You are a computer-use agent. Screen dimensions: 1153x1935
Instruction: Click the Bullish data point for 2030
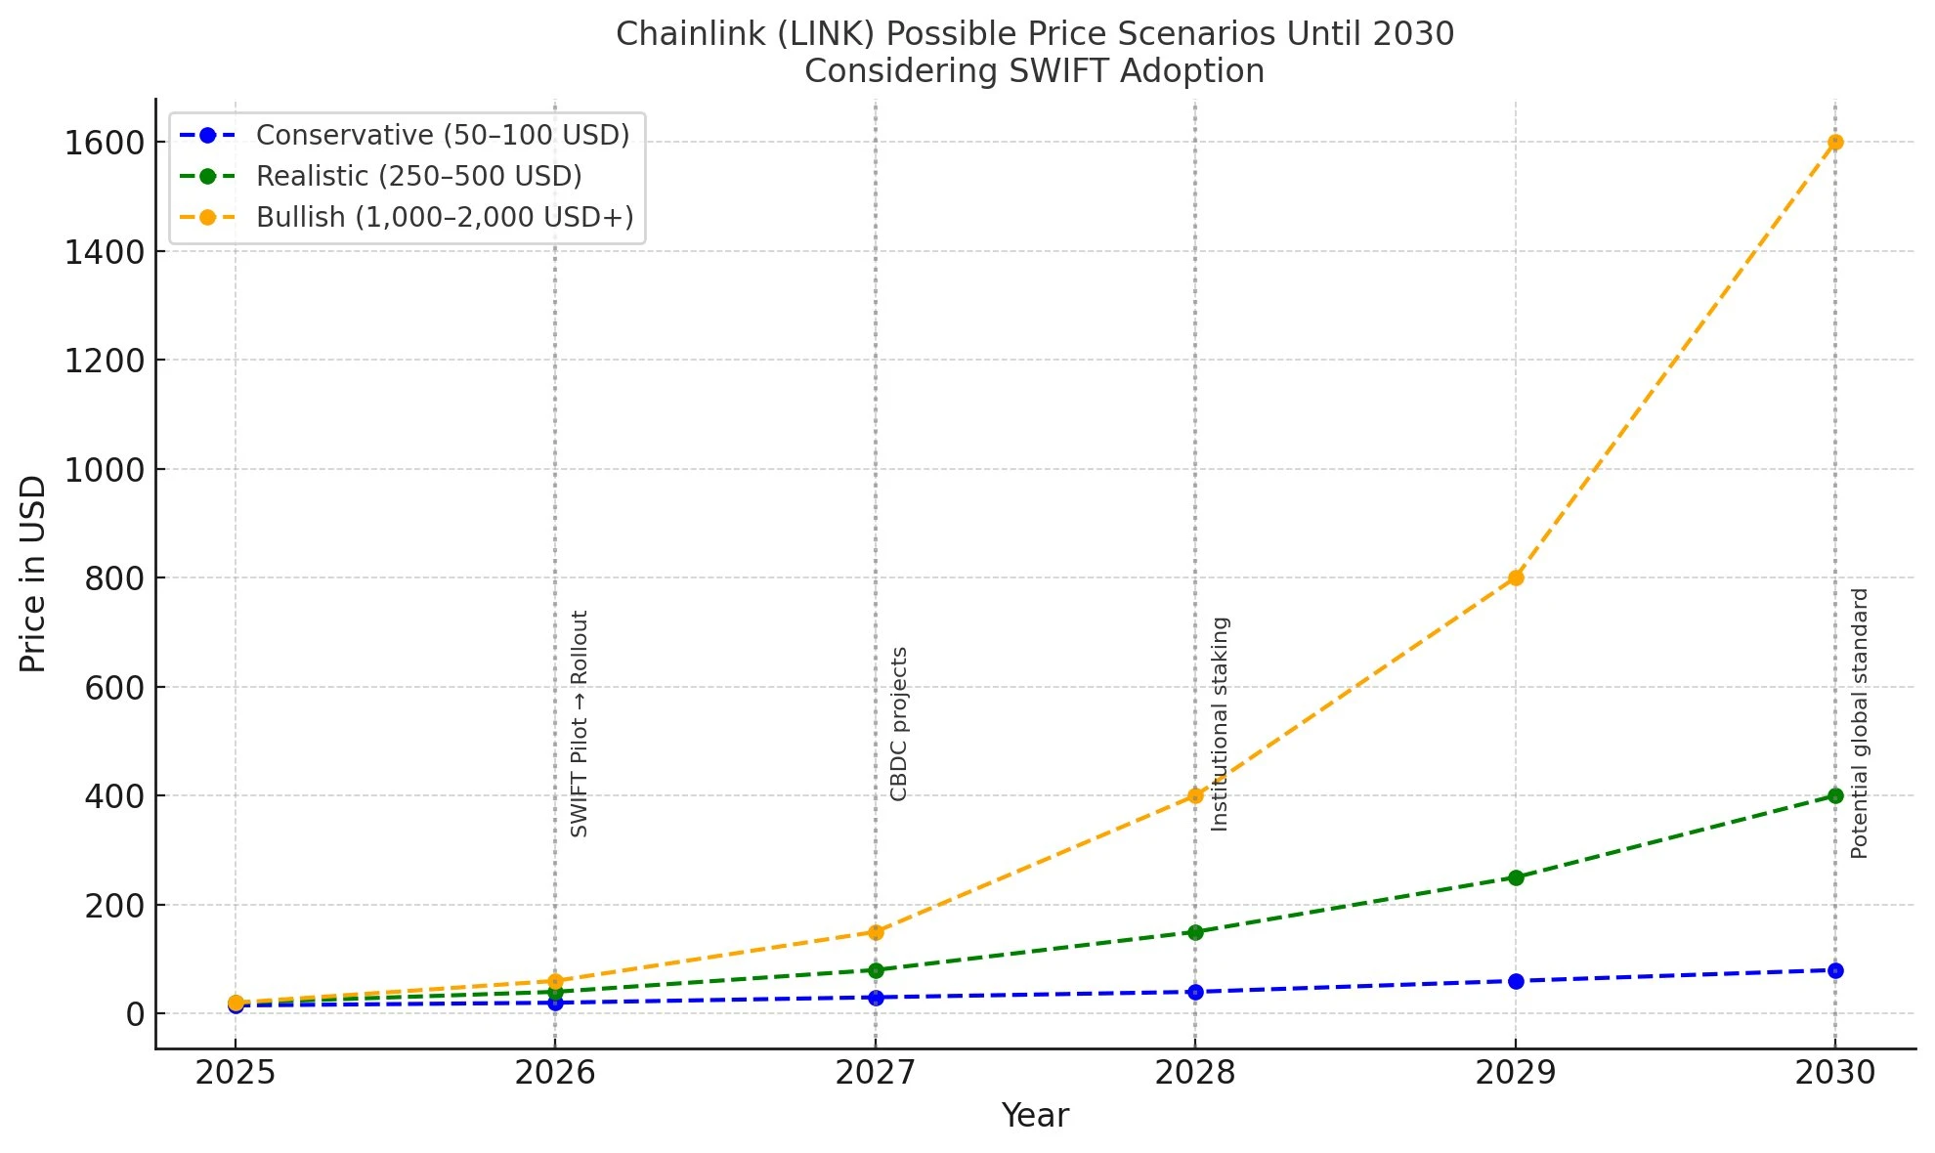(1835, 142)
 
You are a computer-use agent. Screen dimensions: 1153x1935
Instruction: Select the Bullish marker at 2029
(1516, 577)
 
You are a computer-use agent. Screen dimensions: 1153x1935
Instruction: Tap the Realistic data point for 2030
(1835, 795)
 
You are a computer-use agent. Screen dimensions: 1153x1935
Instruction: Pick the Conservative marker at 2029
(1516, 981)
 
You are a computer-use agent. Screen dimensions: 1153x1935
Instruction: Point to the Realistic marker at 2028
(1195, 932)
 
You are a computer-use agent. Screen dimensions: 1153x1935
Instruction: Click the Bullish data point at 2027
(876, 932)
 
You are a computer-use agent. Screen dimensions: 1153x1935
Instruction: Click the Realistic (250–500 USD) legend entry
(418, 176)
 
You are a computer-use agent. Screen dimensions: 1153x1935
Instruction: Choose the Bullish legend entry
(444, 217)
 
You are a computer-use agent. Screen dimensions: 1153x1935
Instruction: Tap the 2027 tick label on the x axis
(876, 1073)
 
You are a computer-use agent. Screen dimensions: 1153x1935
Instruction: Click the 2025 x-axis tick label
(236, 1073)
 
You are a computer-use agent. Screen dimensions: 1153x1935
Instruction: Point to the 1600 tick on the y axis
(105, 144)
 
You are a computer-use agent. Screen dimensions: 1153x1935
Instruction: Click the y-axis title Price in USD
(33, 575)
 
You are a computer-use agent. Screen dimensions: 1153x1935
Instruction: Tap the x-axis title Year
(1035, 1116)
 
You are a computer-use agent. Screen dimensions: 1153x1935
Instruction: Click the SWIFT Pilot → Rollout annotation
(580, 724)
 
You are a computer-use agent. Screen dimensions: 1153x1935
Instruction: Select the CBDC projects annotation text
(899, 724)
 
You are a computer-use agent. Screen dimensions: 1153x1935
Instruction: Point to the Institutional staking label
(1220, 724)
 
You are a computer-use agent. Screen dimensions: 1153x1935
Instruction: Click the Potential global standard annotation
(1860, 724)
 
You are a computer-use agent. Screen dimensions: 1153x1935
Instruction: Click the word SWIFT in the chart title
(1060, 71)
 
